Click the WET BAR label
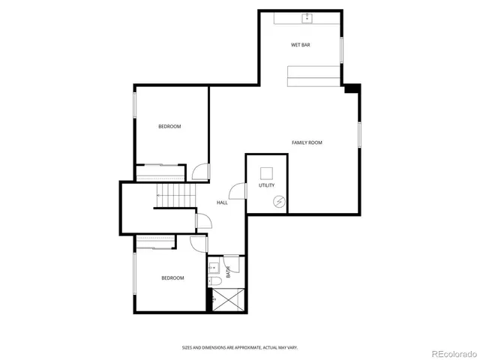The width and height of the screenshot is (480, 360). click(301, 45)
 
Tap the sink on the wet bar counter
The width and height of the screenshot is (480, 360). click(306, 18)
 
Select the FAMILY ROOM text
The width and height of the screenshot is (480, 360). click(307, 142)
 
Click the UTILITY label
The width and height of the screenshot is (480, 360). click(266, 185)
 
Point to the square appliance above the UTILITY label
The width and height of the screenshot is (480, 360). click(266, 172)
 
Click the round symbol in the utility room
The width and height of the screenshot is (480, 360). click(279, 200)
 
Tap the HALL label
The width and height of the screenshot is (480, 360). click(223, 202)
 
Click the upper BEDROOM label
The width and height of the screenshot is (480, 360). click(169, 126)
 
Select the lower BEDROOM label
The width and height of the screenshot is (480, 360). click(172, 278)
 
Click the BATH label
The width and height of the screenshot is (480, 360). click(228, 273)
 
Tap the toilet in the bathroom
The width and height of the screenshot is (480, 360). click(214, 281)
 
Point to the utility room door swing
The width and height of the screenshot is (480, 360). click(238, 191)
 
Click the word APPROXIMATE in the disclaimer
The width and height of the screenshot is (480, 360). click(241, 347)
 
